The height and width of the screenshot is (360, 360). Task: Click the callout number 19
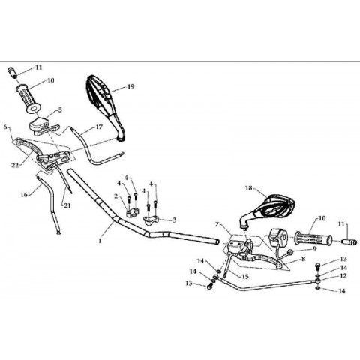[130, 86]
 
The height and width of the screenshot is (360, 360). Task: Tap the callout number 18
[249, 188]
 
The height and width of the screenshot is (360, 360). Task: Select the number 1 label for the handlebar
[100, 241]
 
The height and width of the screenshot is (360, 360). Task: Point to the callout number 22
[15, 165]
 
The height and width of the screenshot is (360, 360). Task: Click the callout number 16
[24, 194]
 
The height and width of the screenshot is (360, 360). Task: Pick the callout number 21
[67, 205]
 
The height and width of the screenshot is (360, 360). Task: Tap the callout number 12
[343, 275]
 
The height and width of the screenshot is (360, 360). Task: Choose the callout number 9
[314, 249]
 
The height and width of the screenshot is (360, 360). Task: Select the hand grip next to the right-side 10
[313, 238]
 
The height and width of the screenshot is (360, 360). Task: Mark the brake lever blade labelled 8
[260, 260]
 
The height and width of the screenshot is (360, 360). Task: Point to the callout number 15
[245, 277]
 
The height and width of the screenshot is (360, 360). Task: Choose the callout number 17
[99, 127]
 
